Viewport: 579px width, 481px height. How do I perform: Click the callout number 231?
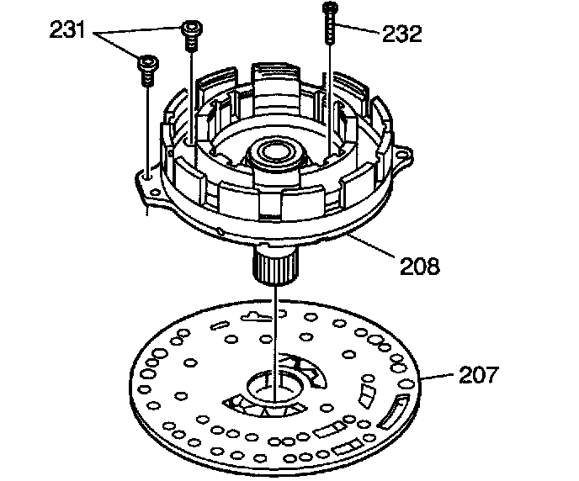[x=67, y=30]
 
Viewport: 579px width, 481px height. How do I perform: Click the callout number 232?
[x=401, y=34]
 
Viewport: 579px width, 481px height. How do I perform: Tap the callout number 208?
[x=420, y=266]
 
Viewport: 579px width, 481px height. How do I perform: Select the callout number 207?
[x=479, y=374]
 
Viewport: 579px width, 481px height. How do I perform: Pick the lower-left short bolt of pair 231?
[x=148, y=71]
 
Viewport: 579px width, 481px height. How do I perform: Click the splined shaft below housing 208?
[x=274, y=266]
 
